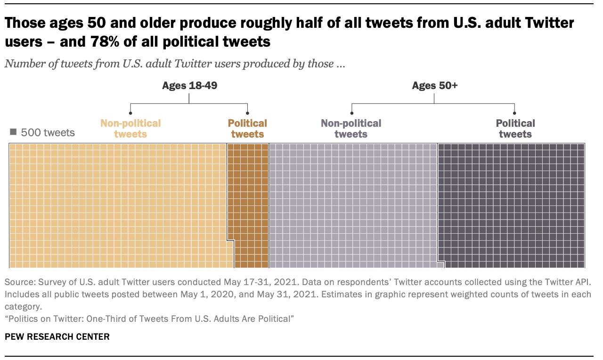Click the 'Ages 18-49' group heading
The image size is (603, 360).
pos(189,85)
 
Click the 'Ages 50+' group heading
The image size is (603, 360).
pos(434,85)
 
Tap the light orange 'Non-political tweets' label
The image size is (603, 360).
pos(130,129)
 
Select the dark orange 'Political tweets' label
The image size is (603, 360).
pos(247,129)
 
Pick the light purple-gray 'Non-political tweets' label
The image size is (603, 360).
pos(351,129)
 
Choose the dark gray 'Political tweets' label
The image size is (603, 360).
pos(515,129)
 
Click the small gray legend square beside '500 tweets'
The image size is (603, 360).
pos(13,133)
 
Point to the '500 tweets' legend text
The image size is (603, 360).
pos(47,133)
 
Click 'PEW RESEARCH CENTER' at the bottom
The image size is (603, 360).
pos(57,336)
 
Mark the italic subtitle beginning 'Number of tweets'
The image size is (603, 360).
pos(176,64)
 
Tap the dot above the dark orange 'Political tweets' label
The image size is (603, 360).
pos(247,113)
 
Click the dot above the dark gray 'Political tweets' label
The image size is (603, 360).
pos(514,113)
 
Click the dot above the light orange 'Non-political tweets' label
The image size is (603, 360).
pos(130,113)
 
